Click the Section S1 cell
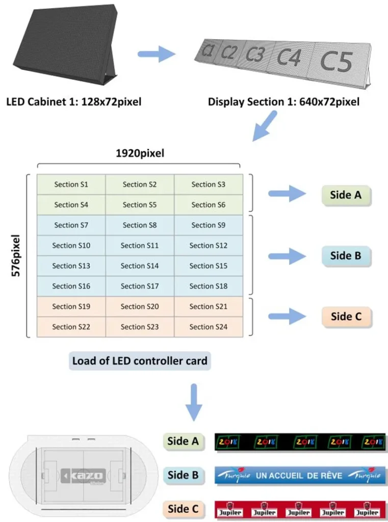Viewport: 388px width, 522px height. pos(71,185)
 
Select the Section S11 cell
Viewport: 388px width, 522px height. pos(140,245)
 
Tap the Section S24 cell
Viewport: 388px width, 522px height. pos(209,327)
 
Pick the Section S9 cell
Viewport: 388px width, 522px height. pos(209,225)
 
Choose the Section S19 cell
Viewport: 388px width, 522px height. pos(71,306)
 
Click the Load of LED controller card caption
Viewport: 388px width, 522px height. pos(140,361)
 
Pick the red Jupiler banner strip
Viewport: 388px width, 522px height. pos(300,510)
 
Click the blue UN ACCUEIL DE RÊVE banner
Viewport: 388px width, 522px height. pos(300,475)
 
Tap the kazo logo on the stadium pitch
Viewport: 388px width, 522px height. pos(84,476)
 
